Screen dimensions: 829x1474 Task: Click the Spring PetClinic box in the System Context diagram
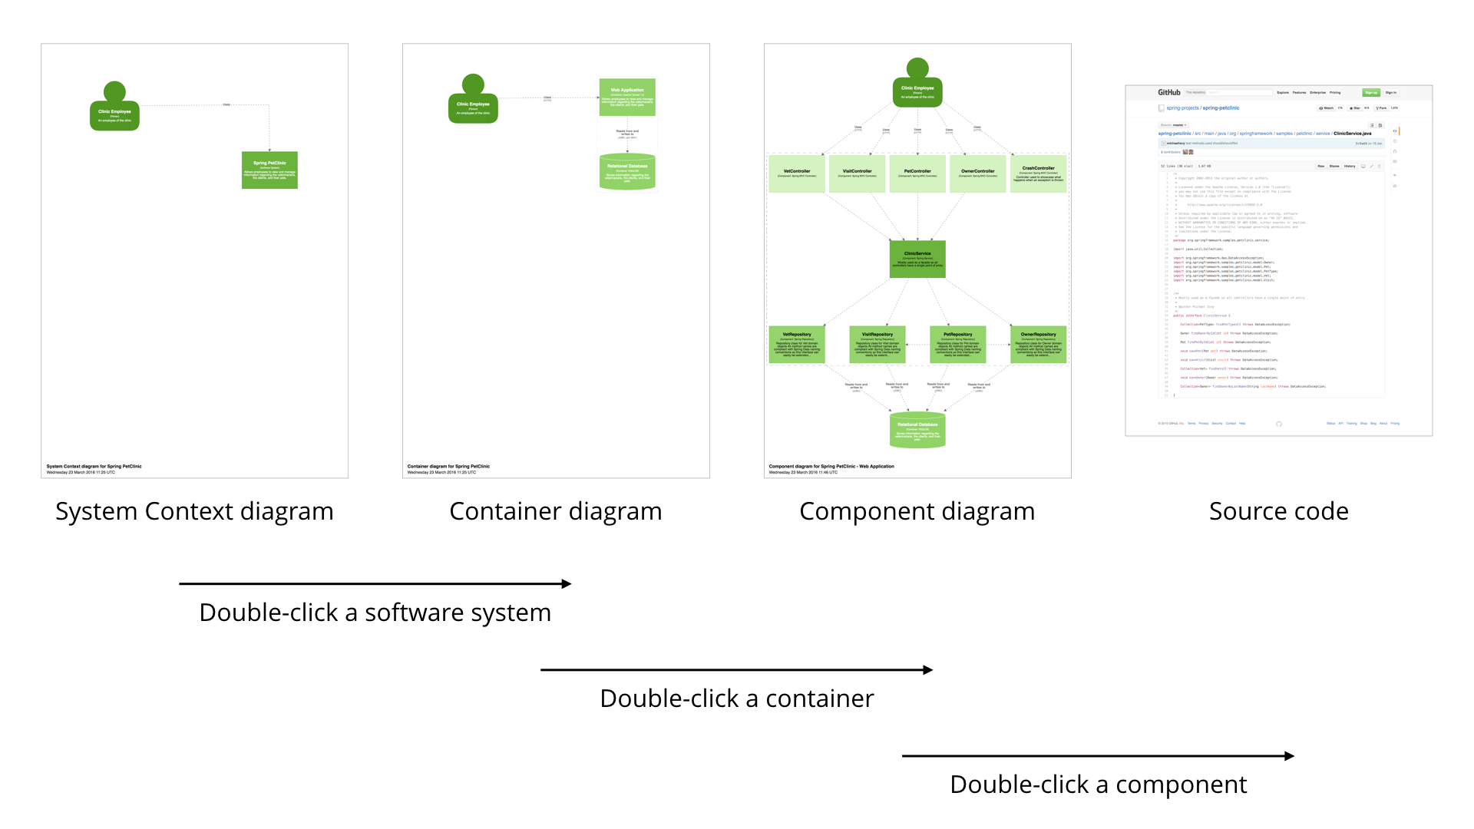point(269,170)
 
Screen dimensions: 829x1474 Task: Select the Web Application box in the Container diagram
point(627,97)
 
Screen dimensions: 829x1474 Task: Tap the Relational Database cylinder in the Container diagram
point(627,172)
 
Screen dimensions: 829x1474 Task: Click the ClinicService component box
point(917,259)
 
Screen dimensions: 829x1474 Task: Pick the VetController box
point(797,174)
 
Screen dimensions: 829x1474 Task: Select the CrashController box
point(1038,174)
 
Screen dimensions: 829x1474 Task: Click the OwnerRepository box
point(1038,345)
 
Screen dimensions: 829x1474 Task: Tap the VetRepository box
point(797,345)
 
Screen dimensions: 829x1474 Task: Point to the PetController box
point(917,174)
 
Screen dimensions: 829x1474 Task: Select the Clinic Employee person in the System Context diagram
point(114,110)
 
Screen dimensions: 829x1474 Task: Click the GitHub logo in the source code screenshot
point(1169,92)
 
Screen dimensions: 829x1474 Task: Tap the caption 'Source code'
point(1278,511)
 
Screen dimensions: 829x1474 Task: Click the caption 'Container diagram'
point(555,511)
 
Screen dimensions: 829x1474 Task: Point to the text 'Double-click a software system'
point(375,613)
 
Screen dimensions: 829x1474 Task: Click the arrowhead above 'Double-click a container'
point(928,670)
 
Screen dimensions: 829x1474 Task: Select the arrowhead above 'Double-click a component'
point(1290,756)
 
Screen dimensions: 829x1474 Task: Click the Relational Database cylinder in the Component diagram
point(917,431)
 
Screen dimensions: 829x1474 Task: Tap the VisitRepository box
point(877,345)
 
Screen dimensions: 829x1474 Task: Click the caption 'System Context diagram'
point(194,511)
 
